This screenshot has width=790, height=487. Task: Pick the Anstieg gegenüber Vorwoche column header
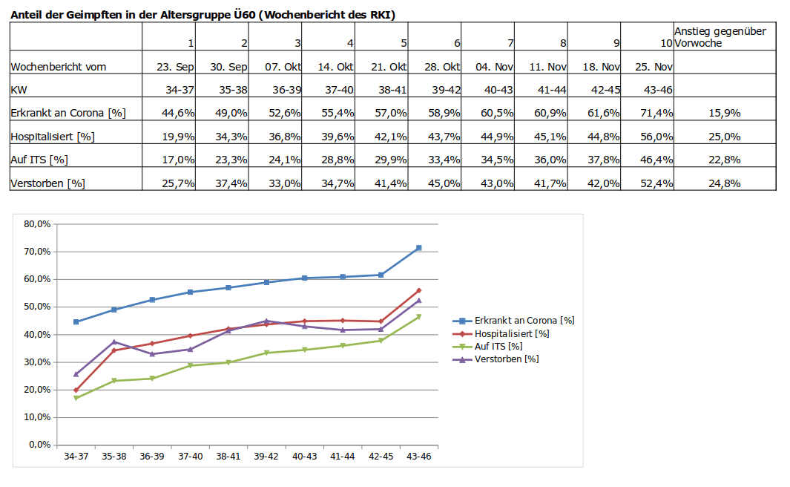tap(720, 37)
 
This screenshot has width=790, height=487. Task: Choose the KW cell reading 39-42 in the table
tap(443, 90)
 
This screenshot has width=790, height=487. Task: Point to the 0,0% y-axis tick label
tap(39, 445)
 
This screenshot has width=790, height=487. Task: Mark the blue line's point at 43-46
tap(419, 248)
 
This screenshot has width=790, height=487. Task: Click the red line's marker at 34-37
tap(76, 390)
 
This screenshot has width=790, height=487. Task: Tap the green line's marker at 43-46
tap(419, 317)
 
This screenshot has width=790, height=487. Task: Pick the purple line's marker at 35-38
tap(114, 341)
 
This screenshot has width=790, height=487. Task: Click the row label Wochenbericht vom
tap(59, 67)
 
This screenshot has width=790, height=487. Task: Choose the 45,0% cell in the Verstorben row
tap(443, 183)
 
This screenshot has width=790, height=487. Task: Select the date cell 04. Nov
tap(495, 67)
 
